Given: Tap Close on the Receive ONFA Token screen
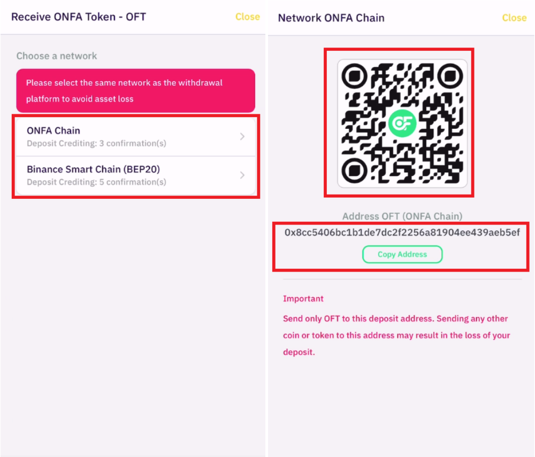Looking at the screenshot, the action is click(247, 17).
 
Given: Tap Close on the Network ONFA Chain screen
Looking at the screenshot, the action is click(514, 18).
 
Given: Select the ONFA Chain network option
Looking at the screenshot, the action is click(136, 137).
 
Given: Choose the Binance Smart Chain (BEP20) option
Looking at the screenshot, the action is click(136, 175).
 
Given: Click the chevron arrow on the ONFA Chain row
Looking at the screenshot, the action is click(242, 137).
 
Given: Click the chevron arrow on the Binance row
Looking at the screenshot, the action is click(242, 175).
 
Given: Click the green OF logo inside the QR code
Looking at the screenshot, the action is click(402, 123).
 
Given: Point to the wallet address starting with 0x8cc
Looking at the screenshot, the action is click(402, 233).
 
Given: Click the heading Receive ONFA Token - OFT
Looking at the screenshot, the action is click(79, 17).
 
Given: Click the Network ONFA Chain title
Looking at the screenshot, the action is click(331, 18).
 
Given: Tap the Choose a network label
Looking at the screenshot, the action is click(57, 56).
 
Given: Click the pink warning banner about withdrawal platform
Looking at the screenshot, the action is click(136, 91).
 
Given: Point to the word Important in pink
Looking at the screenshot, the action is click(303, 299).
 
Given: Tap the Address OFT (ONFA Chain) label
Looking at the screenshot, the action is click(402, 216).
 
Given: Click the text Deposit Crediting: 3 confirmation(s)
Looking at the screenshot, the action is click(96, 143).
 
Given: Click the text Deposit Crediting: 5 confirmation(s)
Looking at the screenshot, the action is click(96, 182).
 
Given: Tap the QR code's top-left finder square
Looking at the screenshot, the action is click(355, 76).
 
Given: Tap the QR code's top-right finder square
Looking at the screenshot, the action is click(450, 76).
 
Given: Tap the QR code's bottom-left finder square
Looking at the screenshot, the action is click(355, 170).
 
